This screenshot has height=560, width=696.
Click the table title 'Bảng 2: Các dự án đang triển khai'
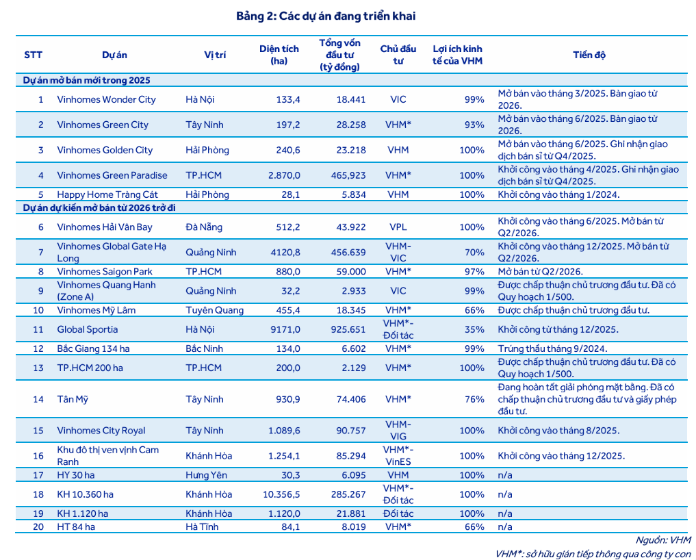point(325,16)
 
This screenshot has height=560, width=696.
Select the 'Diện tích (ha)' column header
point(279,55)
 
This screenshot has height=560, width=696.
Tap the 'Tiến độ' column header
point(589,55)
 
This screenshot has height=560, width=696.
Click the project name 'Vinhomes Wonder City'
point(106,99)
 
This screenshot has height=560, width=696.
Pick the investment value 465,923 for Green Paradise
point(348,175)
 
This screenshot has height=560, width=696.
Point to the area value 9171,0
point(285,329)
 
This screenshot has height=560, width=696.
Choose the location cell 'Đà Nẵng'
point(204,227)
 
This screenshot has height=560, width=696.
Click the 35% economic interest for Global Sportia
point(474,329)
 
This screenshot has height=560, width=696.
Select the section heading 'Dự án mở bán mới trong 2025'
point(86,80)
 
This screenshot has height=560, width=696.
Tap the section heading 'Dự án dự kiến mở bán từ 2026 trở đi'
point(99,208)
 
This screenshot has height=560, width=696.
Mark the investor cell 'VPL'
point(398,227)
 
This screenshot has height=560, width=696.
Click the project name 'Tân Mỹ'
point(73,399)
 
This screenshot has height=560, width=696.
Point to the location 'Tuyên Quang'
point(214,310)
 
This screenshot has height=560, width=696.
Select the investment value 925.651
point(348,329)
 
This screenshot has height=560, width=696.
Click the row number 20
point(38,526)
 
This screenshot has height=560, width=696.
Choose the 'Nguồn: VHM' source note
point(663,540)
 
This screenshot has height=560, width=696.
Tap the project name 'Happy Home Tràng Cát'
point(107,194)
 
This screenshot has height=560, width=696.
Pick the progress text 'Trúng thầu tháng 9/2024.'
point(552,348)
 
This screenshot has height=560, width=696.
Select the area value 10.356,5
point(281,494)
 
